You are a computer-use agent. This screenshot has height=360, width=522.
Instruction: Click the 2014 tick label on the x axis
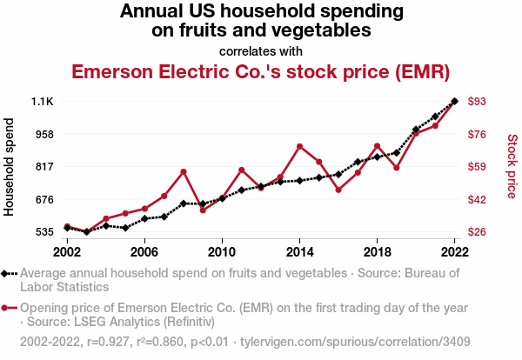[299, 251]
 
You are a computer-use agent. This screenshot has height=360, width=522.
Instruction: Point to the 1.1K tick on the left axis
[42, 102]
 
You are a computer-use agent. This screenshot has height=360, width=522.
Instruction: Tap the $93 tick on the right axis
[477, 102]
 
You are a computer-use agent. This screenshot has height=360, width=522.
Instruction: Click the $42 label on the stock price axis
[477, 199]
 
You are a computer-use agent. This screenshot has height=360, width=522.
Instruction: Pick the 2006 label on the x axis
[144, 251]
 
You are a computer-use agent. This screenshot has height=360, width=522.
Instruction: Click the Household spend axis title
[10, 167]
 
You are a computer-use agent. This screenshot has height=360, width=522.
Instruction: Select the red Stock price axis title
[512, 165]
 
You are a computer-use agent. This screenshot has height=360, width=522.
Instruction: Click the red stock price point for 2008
[184, 171]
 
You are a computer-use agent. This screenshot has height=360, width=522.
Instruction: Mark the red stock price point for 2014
[299, 146]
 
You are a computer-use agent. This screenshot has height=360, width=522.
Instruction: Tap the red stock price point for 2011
[242, 170]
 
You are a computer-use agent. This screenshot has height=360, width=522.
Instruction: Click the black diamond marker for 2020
[416, 130]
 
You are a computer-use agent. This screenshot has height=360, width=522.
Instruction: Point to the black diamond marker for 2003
[87, 232]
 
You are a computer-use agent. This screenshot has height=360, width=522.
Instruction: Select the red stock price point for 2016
[338, 190]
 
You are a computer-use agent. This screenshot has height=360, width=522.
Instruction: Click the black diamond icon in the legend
[7, 273]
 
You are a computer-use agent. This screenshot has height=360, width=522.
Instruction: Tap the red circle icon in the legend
[7, 308]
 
